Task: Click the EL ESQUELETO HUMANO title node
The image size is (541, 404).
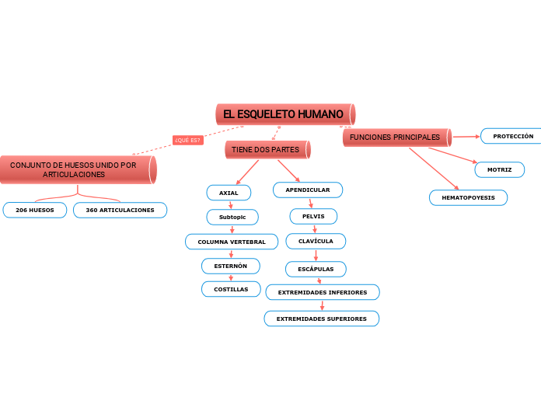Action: pyautogui.click(x=284, y=114)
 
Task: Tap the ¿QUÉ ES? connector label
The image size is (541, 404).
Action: pyautogui.click(x=187, y=140)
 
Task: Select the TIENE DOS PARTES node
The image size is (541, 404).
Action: pyautogui.click(x=267, y=149)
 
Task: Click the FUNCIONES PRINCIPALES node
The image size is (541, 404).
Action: pyautogui.click(x=396, y=138)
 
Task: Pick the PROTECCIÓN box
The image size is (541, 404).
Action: pyautogui.click(x=512, y=136)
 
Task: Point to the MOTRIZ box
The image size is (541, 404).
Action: pyautogui.click(x=499, y=169)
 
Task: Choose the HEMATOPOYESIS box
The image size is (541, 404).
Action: pyautogui.click(x=468, y=198)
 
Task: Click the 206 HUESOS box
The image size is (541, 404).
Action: pyautogui.click(x=35, y=210)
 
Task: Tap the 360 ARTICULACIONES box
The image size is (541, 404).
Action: pyautogui.click(x=120, y=210)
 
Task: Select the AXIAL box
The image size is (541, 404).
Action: pyautogui.click(x=229, y=192)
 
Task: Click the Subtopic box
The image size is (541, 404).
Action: pyautogui.click(x=232, y=217)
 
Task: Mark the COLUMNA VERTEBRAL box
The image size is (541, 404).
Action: pyautogui.click(x=232, y=242)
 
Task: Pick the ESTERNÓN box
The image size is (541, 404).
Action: pyautogui.click(x=230, y=266)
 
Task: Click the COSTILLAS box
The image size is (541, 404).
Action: pyautogui.click(x=231, y=289)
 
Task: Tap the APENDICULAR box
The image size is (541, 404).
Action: pyautogui.click(x=308, y=190)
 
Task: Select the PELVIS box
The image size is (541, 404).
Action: pyautogui.click(x=313, y=215)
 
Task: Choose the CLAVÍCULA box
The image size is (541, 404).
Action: pyautogui.click(x=316, y=241)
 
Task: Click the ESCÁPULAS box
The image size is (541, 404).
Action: pyautogui.click(x=316, y=269)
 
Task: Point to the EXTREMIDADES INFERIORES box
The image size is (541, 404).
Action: pyautogui.click(x=323, y=292)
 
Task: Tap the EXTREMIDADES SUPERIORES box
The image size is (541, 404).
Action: pyautogui.click(x=322, y=319)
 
